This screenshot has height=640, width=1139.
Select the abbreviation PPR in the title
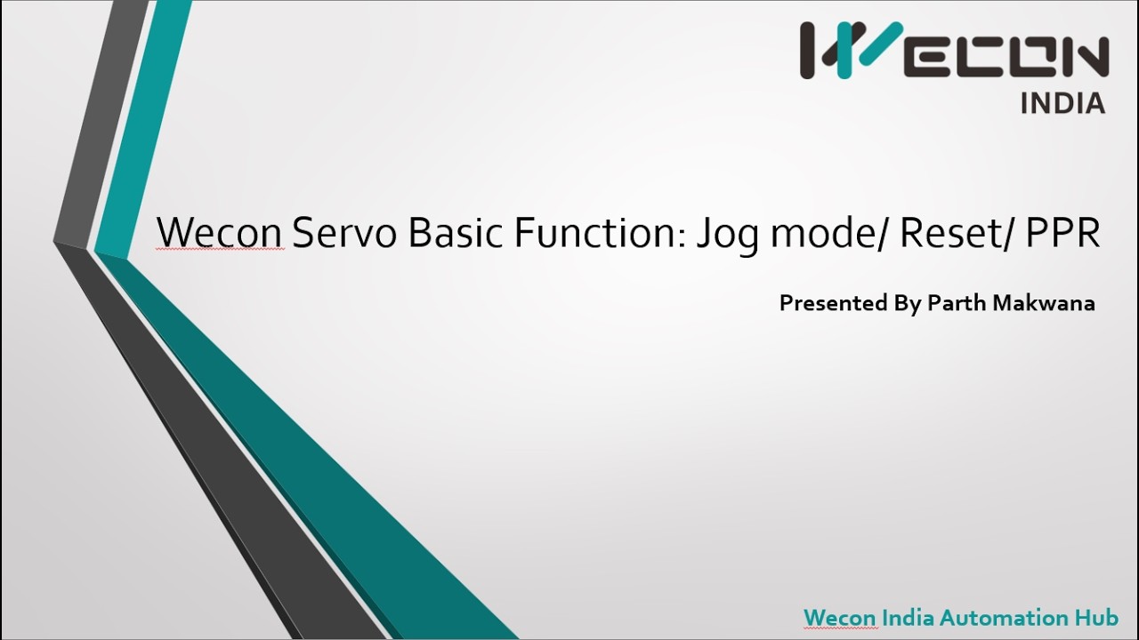click(1063, 233)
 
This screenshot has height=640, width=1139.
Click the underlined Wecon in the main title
click(220, 233)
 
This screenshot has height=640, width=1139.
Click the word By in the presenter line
click(907, 304)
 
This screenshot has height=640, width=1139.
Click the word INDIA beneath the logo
click(1062, 103)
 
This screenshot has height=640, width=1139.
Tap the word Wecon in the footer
click(839, 617)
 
